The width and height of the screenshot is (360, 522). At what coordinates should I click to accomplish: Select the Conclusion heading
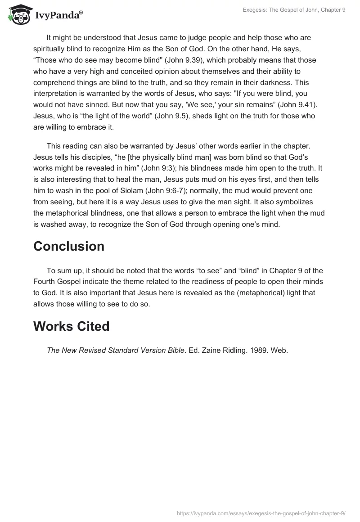click(69, 246)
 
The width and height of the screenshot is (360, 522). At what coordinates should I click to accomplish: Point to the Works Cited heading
click(72, 326)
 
